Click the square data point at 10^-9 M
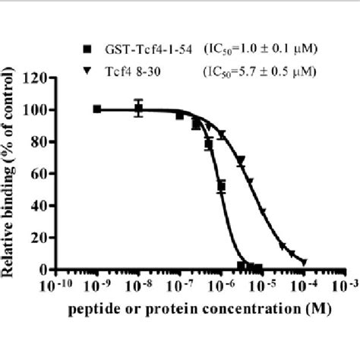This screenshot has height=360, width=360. pyautogui.click(x=97, y=109)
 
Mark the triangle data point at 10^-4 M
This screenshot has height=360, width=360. pyautogui.click(x=304, y=262)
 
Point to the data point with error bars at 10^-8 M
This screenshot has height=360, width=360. pyautogui.click(x=138, y=109)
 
